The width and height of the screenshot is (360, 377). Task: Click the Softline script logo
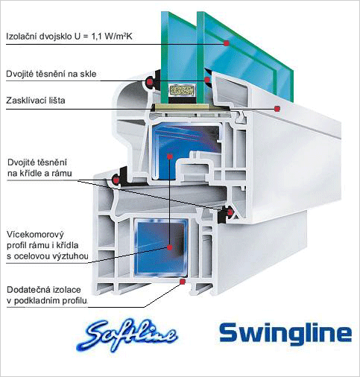pos(127,335)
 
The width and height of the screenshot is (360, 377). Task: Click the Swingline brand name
pos(285,334)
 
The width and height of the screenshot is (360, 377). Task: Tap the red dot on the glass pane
pos(226,43)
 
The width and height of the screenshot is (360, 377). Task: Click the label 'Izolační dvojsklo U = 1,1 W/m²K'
pos(69,37)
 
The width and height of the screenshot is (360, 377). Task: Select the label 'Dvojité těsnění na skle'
pos(51,74)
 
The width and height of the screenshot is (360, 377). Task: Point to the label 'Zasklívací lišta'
pos(36,101)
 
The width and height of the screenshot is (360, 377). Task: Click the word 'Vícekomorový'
pos(35,235)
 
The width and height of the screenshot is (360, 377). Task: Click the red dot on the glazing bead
pos(277,109)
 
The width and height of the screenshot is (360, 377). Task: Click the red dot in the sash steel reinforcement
pos(170,156)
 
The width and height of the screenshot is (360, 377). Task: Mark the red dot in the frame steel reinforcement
pos(170,247)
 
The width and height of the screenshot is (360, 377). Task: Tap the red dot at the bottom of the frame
pos(183,282)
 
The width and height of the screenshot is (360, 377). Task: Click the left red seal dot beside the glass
pos(150,81)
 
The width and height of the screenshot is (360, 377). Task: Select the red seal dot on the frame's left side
pos(116,180)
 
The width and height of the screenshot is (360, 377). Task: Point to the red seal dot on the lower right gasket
pos(230,212)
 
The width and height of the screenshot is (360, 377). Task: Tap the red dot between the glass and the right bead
pos(207,80)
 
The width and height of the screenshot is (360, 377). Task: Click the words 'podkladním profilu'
pos(51,301)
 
